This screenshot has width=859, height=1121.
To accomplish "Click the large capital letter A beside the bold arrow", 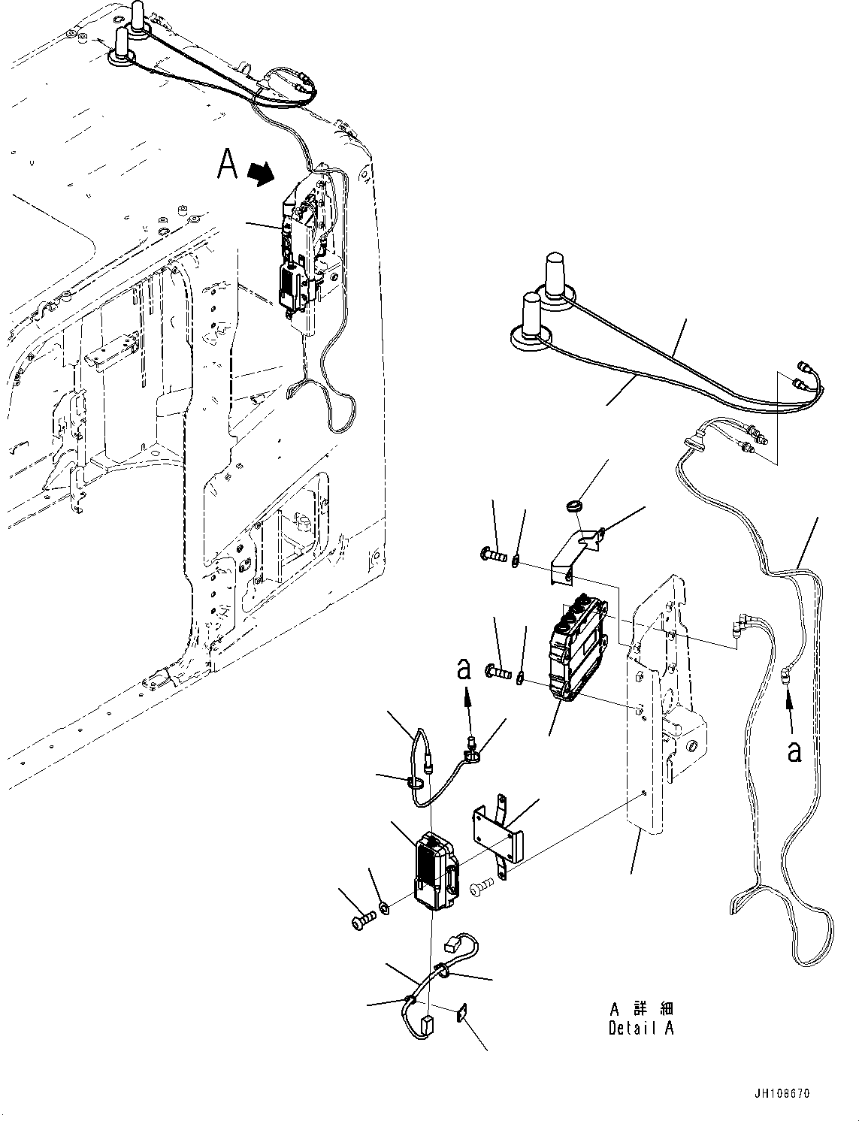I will [228, 165].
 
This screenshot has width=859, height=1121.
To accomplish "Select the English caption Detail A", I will [641, 1029].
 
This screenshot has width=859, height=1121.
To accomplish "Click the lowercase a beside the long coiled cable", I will [794, 751].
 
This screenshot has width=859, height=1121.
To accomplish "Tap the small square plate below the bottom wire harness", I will [460, 1015].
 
